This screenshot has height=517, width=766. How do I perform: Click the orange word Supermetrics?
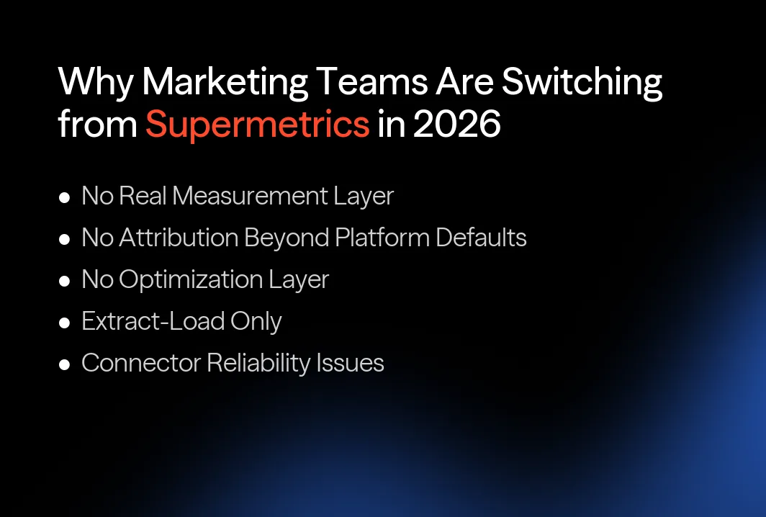257,124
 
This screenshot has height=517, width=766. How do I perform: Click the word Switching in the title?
582,83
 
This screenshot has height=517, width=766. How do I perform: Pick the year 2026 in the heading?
456,124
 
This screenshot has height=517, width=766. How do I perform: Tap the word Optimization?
191,279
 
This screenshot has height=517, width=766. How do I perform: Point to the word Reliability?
258,363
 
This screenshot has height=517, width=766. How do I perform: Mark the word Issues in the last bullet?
351,363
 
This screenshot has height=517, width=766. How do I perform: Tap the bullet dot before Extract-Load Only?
65,323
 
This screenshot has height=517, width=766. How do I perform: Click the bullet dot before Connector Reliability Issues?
65,364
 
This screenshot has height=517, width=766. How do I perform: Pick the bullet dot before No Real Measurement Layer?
65,197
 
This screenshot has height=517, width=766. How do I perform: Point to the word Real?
145,196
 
